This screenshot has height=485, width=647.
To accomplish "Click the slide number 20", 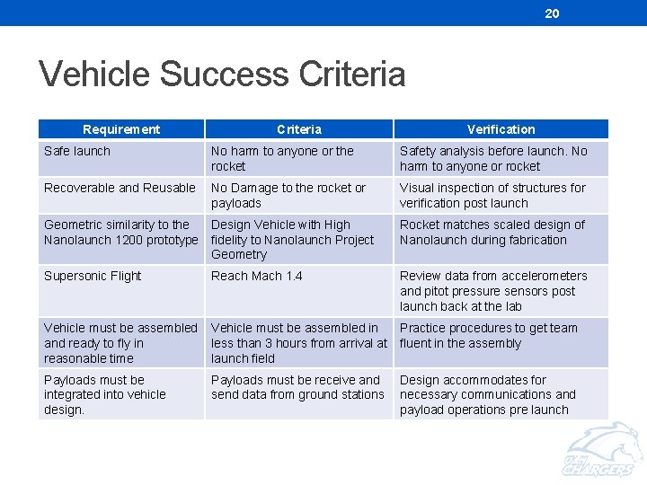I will [x=552, y=13].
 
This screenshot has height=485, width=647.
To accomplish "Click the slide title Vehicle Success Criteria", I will [x=222, y=75].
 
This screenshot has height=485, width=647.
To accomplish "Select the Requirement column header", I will [x=121, y=129].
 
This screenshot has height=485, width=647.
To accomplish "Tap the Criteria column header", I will [x=299, y=129].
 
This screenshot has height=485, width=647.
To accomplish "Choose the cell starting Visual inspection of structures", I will [x=492, y=196].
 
